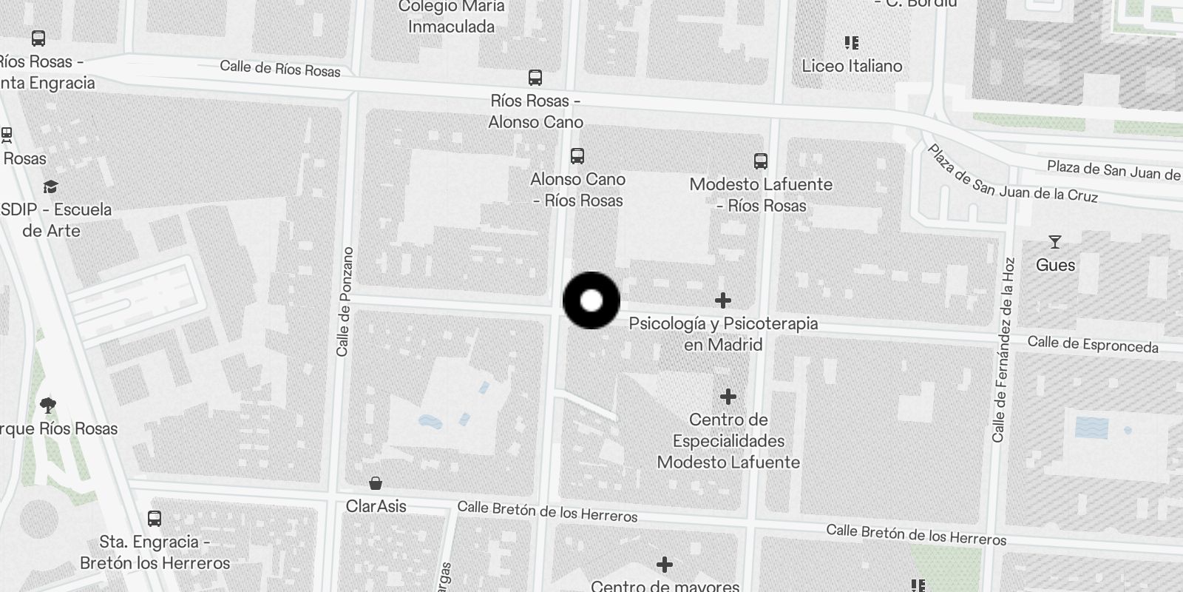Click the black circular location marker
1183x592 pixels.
pos(591,300)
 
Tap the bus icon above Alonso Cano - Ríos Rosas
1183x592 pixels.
pos(577,156)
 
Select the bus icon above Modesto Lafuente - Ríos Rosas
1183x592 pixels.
pos(760,161)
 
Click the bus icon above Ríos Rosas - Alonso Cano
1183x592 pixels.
pos(535,77)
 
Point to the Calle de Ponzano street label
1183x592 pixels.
pos(344,301)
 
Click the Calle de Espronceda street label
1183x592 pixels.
pos(1093,344)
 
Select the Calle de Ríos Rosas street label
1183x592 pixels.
pos(279,69)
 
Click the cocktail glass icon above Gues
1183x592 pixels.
pos(1055,242)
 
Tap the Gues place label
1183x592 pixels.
pos(1055,265)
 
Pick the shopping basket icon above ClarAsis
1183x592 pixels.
pos(376,484)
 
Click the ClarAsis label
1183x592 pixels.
pos(376,506)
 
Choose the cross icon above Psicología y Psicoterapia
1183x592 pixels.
pos(723,300)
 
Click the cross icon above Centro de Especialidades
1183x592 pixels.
pos(728,397)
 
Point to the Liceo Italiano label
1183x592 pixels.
pos(852,66)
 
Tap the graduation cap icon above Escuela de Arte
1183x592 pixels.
pos(50,186)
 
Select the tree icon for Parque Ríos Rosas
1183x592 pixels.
pos(48,405)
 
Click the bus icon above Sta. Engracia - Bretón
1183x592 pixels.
pos(155,519)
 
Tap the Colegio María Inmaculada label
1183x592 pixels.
pos(451,16)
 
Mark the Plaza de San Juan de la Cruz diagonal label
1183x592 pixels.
pos(1012,175)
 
